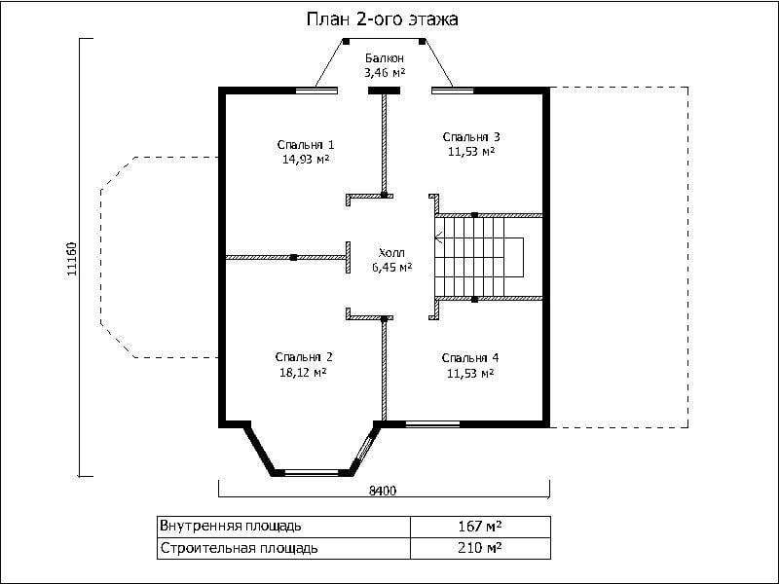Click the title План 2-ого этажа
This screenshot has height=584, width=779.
[x=382, y=19]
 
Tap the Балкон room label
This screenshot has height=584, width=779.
[x=384, y=58]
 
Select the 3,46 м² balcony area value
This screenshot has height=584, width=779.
[x=385, y=73]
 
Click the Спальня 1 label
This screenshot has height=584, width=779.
[x=306, y=145]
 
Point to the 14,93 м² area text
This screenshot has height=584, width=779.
[x=306, y=160]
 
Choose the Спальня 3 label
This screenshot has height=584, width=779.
[x=471, y=136]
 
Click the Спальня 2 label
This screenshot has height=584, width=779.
[x=304, y=357]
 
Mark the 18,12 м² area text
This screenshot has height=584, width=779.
[x=303, y=373]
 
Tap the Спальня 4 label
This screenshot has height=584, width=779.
[x=470, y=358]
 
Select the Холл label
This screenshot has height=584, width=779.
[x=392, y=252]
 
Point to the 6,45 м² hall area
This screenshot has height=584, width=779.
[x=392, y=267]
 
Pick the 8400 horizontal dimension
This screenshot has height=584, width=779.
[x=383, y=491]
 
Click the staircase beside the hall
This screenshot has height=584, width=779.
[x=479, y=258]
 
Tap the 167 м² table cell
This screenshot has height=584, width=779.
[x=480, y=526]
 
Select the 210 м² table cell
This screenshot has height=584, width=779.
[x=479, y=548]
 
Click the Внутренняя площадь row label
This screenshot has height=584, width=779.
[x=231, y=526]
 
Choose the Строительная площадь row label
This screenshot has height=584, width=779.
[x=239, y=548]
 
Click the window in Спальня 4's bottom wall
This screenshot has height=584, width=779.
[x=432, y=424]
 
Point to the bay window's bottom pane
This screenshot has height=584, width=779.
[x=312, y=472]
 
